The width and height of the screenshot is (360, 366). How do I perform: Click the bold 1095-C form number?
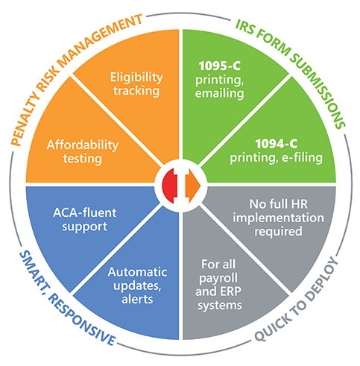(x=220, y=66)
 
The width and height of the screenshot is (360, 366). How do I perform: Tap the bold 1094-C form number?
(x=277, y=144)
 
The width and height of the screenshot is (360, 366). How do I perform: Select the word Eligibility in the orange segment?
(x=136, y=78)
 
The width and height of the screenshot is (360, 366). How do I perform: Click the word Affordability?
(x=83, y=145)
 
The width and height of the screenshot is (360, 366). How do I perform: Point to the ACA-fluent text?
(x=85, y=213)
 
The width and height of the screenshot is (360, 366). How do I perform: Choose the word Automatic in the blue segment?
(x=137, y=272)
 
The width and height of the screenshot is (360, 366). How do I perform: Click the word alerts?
(x=137, y=299)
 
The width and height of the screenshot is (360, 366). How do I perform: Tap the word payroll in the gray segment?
(x=218, y=278)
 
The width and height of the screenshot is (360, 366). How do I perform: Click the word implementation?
(x=278, y=218)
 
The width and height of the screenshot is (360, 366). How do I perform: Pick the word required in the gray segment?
(x=278, y=232)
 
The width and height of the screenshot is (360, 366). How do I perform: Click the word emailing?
(x=220, y=93)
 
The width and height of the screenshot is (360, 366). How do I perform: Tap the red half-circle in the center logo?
(x=170, y=186)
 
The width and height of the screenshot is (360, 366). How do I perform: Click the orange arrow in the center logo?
(x=193, y=186)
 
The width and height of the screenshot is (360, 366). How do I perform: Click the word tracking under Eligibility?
(x=136, y=91)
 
